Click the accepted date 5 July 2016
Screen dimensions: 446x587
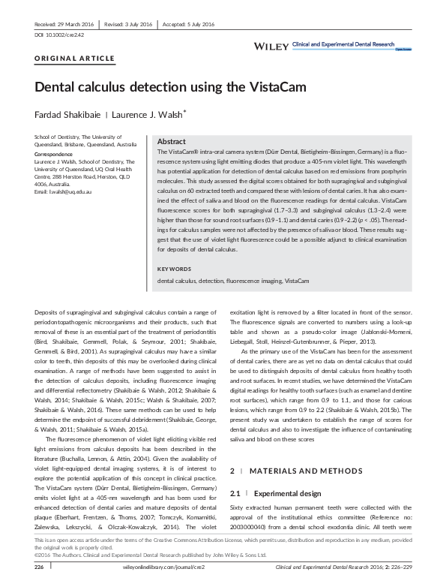(x=196, y=24)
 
